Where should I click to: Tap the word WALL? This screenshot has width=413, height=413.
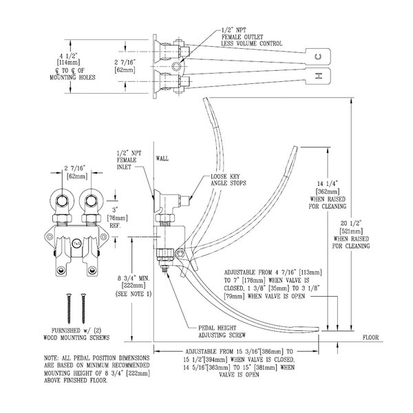[x=162, y=158]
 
